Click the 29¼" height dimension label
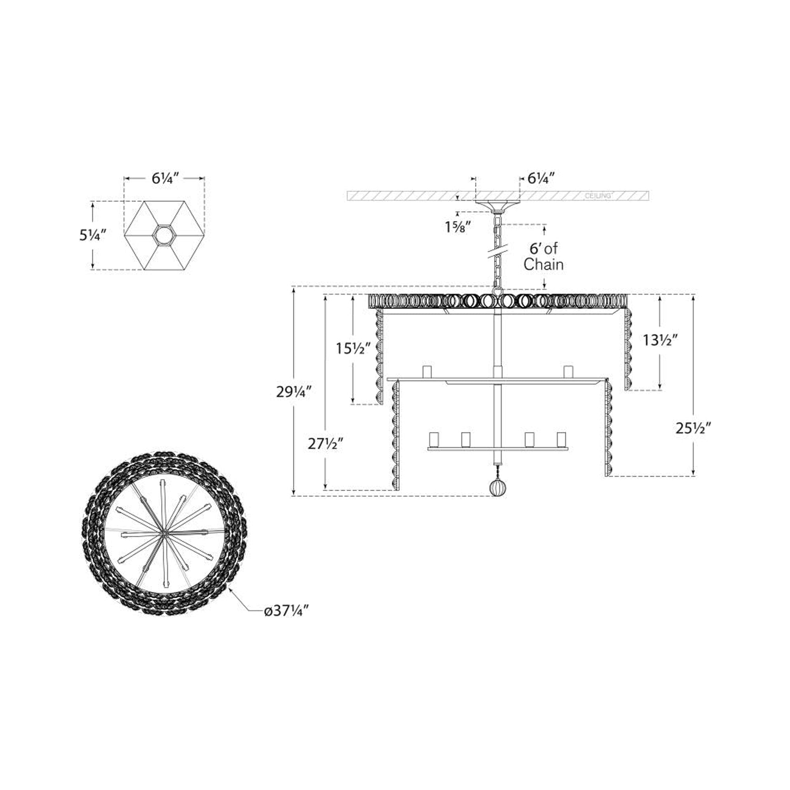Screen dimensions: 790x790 click(x=294, y=392)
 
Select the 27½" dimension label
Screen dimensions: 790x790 click(x=325, y=444)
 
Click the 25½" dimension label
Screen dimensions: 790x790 click(x=693, y=428)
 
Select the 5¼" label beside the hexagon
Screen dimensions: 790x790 click(x=93, y=235)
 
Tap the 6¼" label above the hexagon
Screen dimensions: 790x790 click(x=166, y=178)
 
